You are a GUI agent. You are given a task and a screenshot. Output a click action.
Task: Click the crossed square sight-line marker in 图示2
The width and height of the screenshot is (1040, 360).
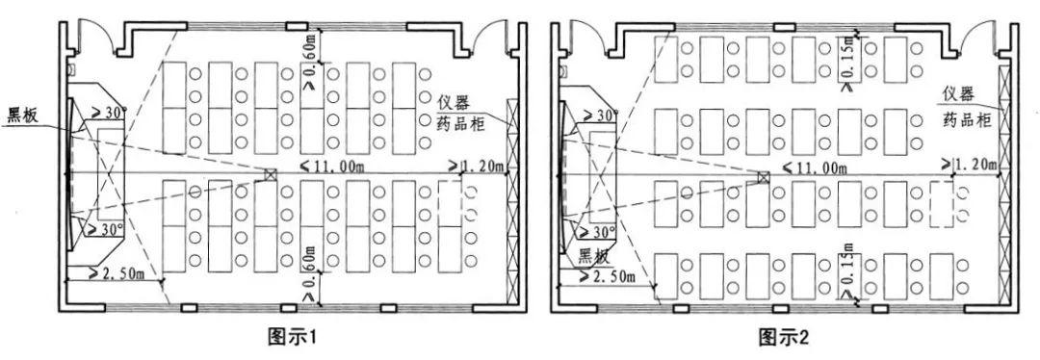tap(763, 177)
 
